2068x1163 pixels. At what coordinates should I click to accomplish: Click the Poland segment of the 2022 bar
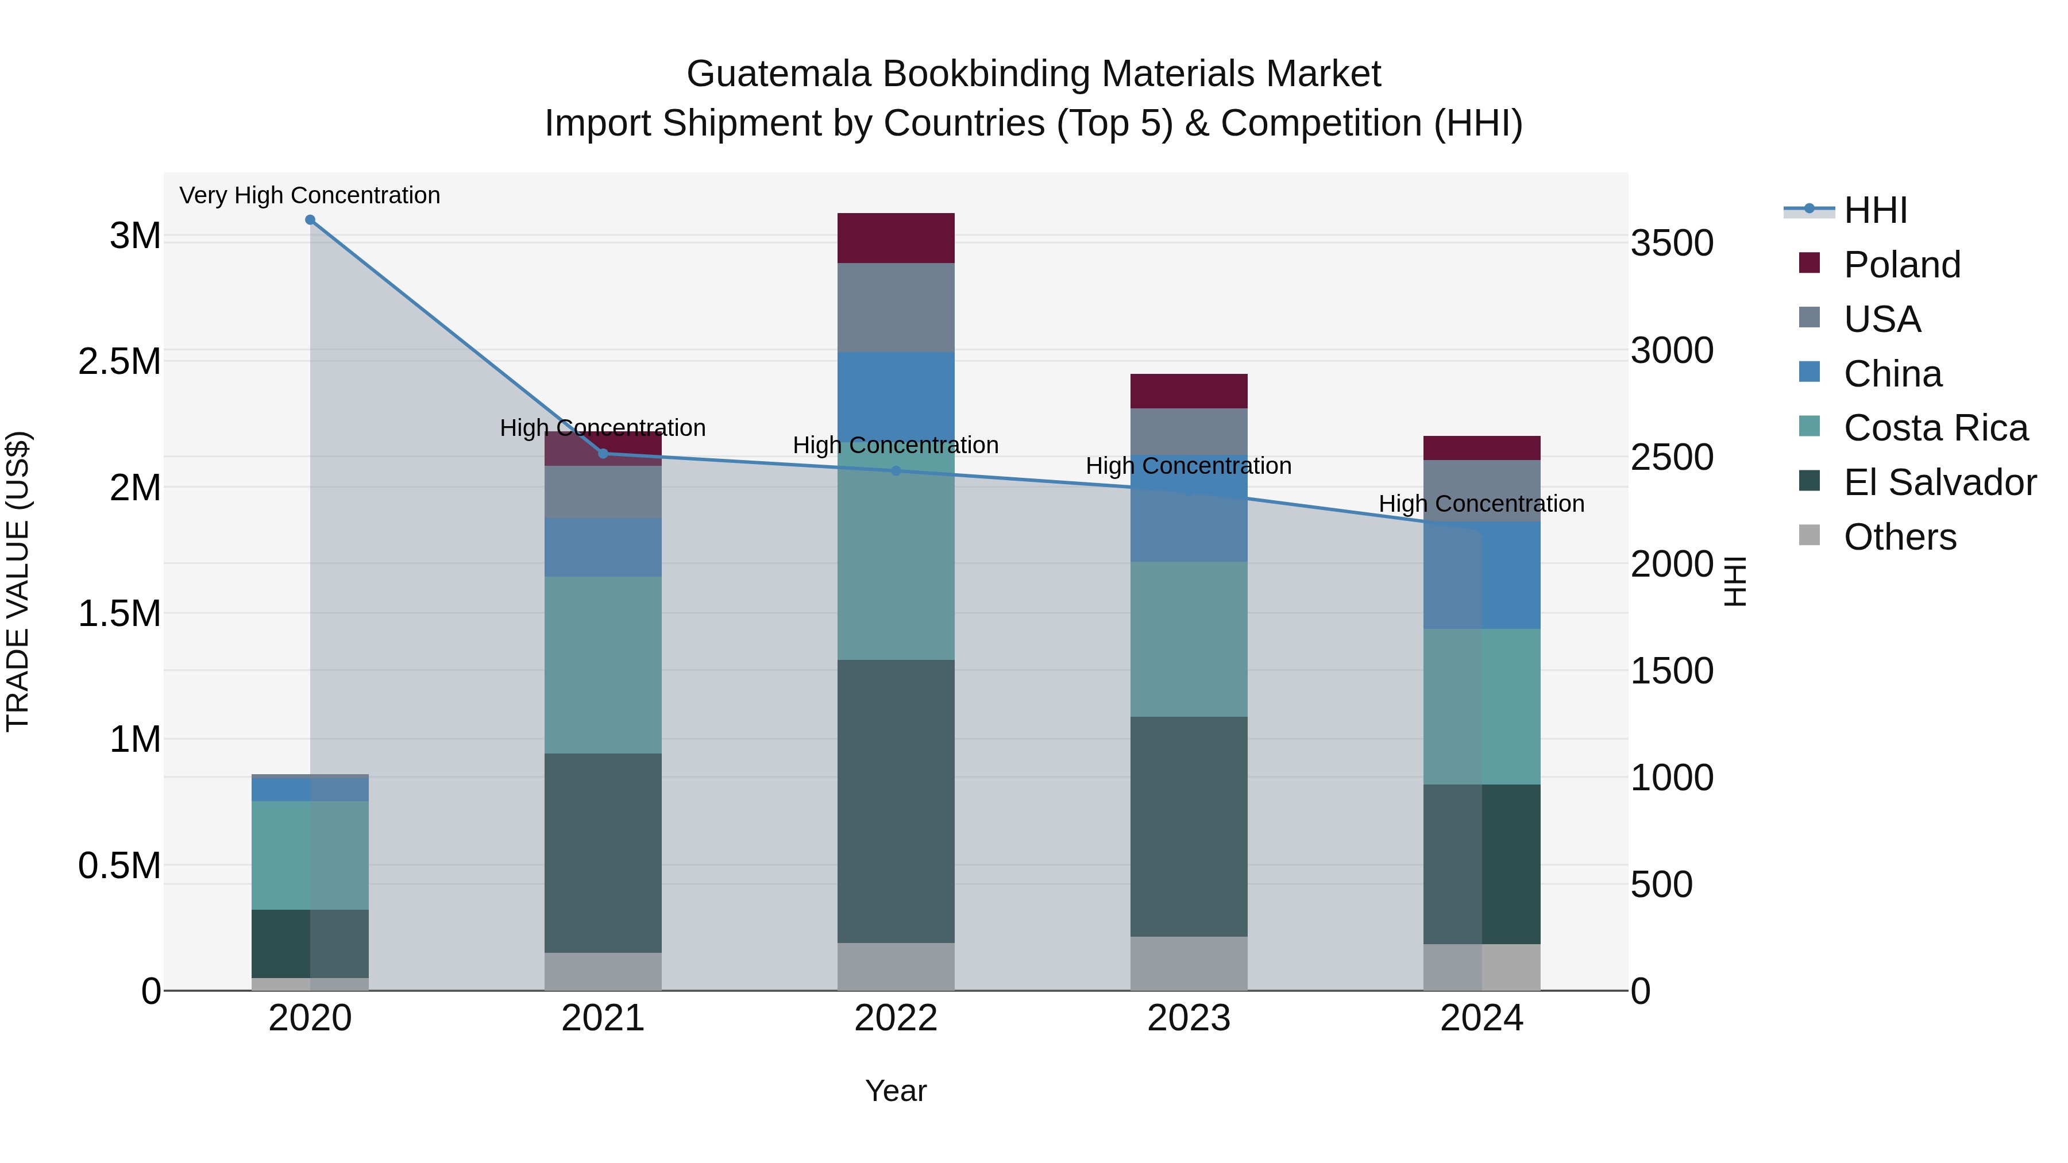point(896,238)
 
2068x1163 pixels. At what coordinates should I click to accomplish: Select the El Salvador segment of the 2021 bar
point(603,852)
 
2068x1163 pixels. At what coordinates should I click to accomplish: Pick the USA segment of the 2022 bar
point(896,307)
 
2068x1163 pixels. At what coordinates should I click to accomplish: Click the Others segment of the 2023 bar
point(1189,963)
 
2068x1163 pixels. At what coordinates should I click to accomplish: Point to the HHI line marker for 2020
point(310,220)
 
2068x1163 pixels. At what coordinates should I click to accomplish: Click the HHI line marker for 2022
point(896,471)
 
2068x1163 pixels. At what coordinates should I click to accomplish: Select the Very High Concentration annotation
point(310,196)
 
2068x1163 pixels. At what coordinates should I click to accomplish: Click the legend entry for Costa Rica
point(1935,428)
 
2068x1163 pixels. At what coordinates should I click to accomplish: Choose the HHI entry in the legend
point(1876,210)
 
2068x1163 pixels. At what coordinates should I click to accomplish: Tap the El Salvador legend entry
point(1939,482)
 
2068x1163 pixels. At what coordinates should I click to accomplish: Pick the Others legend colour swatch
point(1809,535)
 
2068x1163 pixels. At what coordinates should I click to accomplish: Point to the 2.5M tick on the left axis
point(119,362)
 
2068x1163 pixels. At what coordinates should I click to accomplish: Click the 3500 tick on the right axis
point(1672,243)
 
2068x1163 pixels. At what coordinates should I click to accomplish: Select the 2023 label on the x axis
point(1189,1018)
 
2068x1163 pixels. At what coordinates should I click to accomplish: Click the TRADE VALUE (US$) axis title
point(18,581)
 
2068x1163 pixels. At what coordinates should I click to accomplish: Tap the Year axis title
point(896,1091)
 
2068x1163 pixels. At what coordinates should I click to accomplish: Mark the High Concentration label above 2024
point(1481,504)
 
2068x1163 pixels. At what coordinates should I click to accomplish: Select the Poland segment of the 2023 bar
point(1189,391)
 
